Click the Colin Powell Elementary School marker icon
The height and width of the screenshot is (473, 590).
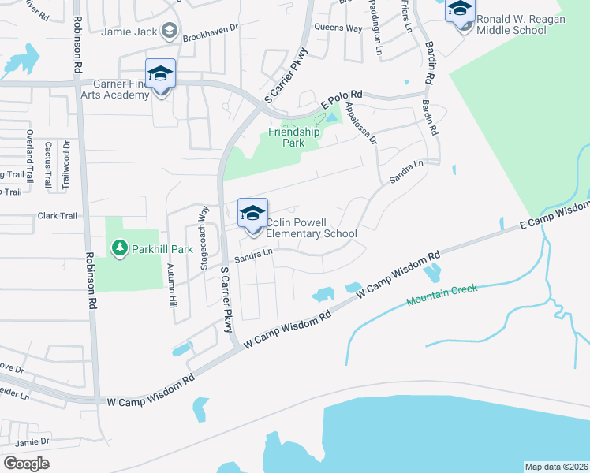[252, 214]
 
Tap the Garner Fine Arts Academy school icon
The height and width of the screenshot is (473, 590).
[160, 74]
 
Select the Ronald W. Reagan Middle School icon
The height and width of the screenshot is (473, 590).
[460, 10]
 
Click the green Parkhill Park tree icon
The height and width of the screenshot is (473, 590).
[119, 249]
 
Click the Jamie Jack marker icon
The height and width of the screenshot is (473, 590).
[168, 32]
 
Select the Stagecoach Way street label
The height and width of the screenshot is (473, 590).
[204, 227]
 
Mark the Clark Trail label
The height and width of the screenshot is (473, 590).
[57, 215]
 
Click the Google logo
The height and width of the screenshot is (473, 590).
[27, 463]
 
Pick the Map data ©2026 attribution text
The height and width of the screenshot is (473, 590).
[555, 466]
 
